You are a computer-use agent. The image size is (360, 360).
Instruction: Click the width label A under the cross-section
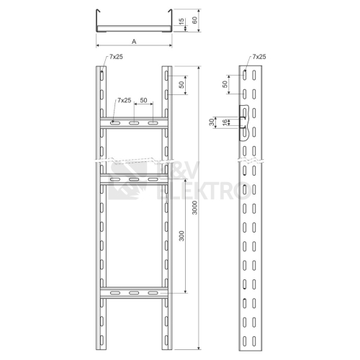point(134,42)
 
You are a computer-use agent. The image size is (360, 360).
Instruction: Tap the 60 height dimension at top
point(194,20)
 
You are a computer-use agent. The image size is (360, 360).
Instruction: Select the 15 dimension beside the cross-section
point(181,21)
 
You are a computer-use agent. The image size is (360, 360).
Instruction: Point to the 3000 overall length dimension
point(194,207)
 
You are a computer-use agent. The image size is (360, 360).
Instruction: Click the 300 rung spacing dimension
point(181,235)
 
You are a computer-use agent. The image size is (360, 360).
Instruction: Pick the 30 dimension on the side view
point(212,122)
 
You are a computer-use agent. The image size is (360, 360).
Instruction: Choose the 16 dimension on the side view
point(225,122)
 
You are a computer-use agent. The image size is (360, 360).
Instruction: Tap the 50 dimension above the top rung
point(143,100)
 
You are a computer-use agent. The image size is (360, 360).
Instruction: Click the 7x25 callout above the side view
point(259,57)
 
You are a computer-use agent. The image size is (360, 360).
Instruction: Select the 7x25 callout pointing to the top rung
point(125,100)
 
